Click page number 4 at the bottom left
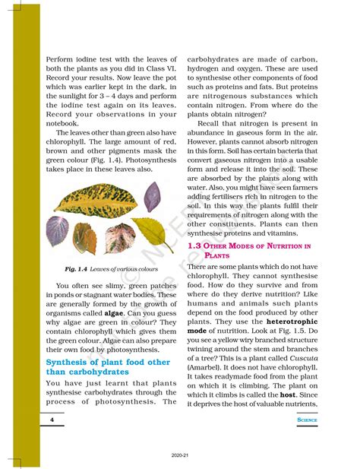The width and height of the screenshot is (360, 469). [51, 419]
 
